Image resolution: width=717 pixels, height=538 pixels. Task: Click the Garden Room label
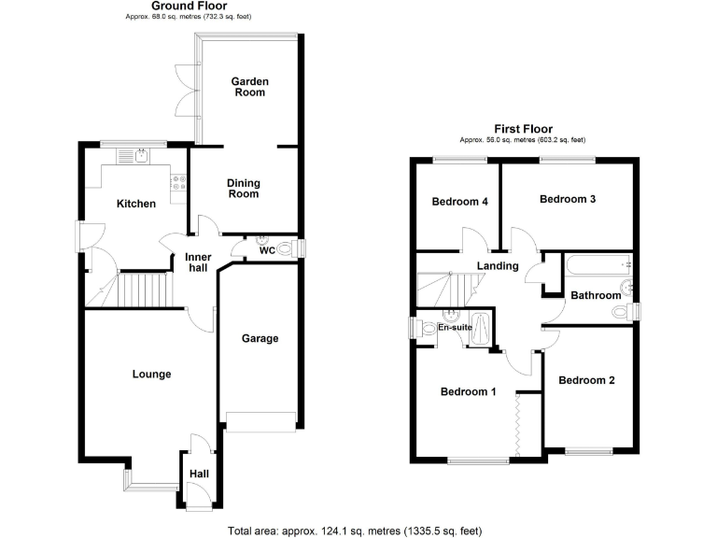250,87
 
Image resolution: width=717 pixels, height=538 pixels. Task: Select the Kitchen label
135,204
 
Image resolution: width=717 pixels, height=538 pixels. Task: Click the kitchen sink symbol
142,156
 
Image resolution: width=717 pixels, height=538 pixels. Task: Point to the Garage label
260,338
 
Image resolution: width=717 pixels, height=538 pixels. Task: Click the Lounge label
151,374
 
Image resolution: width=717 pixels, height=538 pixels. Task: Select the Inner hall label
197,262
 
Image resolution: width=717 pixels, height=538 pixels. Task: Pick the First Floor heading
523,129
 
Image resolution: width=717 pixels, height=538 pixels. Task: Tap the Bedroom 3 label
567,199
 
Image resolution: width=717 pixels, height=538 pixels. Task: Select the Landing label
498,266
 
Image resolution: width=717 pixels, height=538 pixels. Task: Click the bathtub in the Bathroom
597,266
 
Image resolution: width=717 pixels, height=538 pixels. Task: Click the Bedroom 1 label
468,391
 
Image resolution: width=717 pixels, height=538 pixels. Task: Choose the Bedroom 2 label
586,380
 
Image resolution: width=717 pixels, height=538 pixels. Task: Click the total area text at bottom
355,531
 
